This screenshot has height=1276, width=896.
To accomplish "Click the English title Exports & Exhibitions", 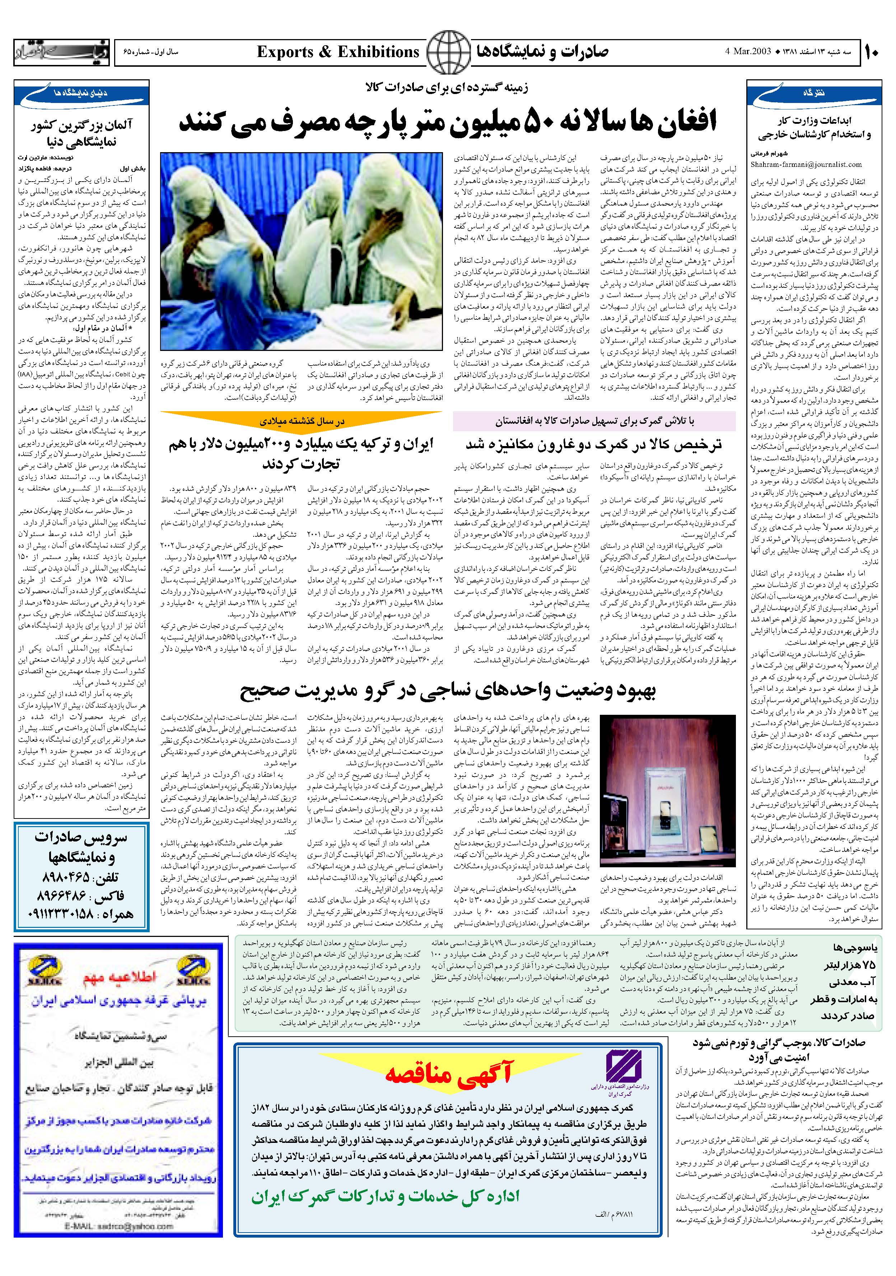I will point(337,52).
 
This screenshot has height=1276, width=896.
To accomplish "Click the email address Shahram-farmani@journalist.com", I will point(806,164).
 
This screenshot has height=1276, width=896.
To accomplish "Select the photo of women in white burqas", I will point(301,255).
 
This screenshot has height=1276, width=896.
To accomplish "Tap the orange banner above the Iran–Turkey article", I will point(301,421).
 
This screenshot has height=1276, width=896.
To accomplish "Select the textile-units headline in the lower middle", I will point(447,690).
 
